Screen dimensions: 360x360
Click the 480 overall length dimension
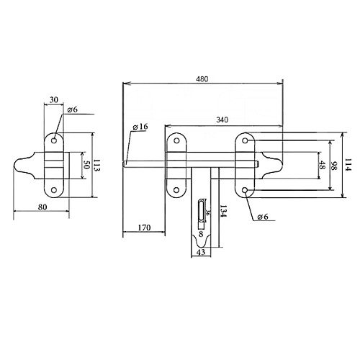pyautogui.click(x=202, y=79)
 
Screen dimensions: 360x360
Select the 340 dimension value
pyautogui.click(x=222, y=120)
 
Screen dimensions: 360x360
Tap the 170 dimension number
pyautogui.click(x=144, y=228)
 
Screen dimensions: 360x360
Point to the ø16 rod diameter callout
pyautogui.click(x=140, y=127)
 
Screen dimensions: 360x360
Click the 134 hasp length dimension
pyautogui.click(x=223, y=211)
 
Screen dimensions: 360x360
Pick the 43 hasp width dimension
pyautogui.click(x=201, y=252)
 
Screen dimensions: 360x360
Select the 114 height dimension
pyautogui.click(x=348, y=165)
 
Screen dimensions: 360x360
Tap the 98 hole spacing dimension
pyautogui.click(x=333, y=166)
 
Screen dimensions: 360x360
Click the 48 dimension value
pyautogui.click(x=322, y=165)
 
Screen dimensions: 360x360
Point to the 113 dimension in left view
pyautogui.click(x=96, y=165)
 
